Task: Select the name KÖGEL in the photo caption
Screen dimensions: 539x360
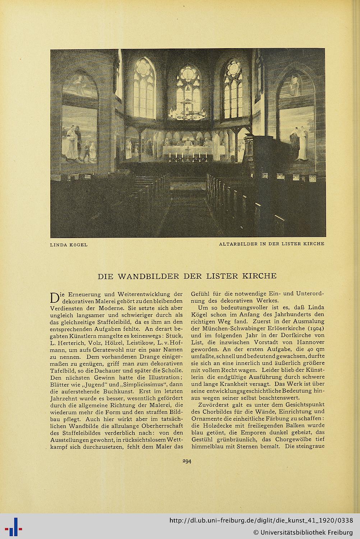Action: [x=78, y=245]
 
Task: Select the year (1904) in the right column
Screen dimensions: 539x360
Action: [x=314, y=328]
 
